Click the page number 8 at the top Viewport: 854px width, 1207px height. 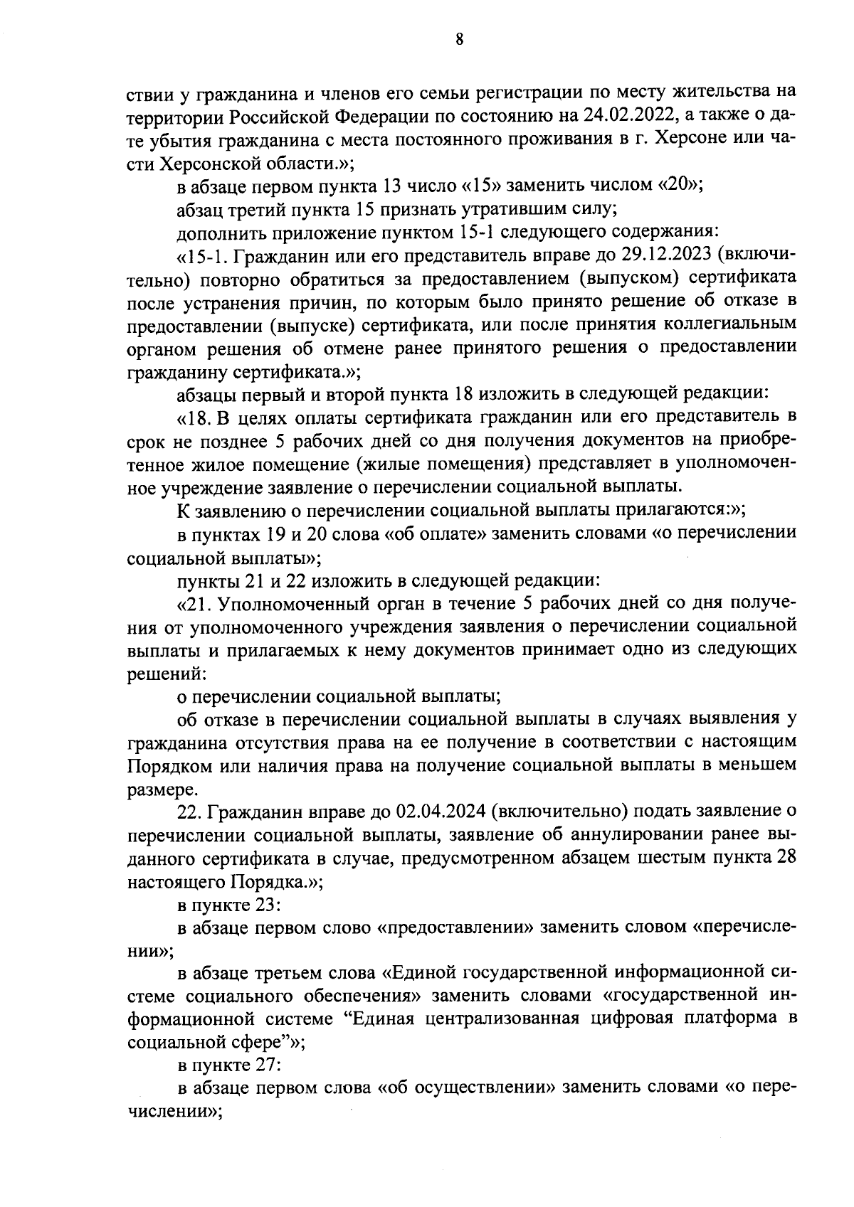point(459,40)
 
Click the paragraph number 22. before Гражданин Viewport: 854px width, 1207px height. point(189,812)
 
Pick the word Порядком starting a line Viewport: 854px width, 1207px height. point(165,765)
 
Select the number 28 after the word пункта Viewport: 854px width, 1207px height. point(786,858)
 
